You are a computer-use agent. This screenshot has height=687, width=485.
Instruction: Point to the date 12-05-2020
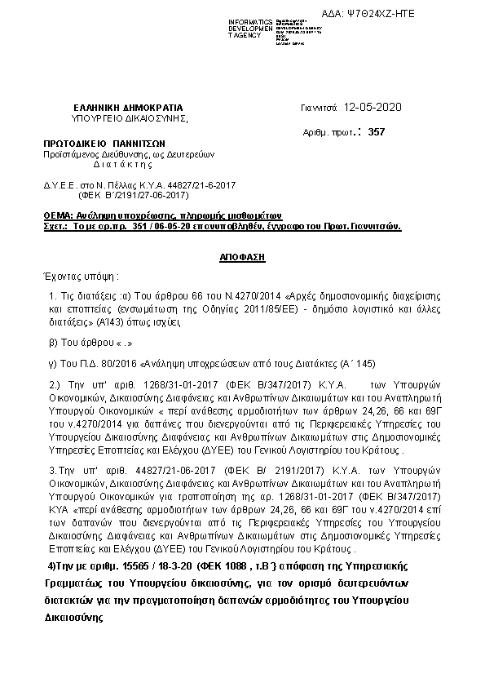[x=373, y=108]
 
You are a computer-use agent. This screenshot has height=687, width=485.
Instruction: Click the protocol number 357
[x=376, y=131]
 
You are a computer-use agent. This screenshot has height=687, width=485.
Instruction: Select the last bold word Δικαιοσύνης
[x=73, y=618]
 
